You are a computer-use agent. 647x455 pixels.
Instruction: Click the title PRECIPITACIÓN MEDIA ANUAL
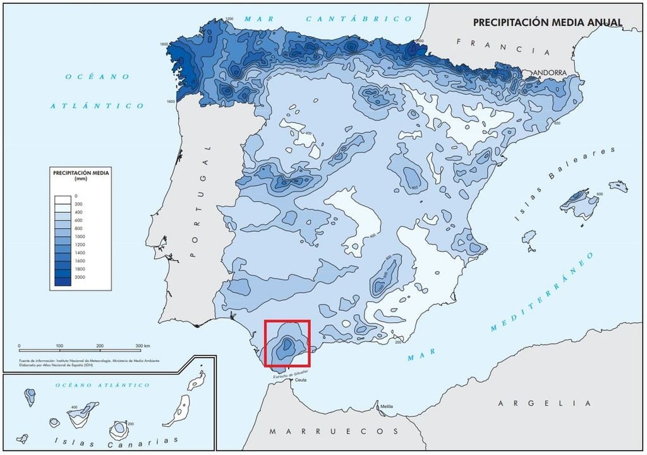547,22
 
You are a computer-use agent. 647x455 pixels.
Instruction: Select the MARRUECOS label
334,431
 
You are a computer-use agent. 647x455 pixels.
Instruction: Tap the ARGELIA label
544,403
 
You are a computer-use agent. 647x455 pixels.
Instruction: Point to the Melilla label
386,406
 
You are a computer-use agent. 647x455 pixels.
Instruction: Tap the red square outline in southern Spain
287,343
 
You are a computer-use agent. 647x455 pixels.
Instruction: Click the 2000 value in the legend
80,277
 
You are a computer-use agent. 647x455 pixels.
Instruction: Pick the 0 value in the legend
76,197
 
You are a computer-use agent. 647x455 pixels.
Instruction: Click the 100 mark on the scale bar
59,346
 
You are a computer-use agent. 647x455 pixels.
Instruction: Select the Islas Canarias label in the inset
116,440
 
